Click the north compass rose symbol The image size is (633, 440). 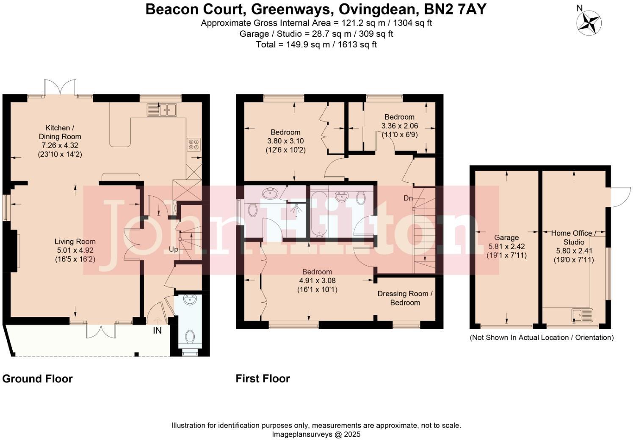(589, 22)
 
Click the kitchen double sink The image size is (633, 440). (162, 110)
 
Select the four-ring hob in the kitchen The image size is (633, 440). (194, 144)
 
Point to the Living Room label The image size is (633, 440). (75, 242)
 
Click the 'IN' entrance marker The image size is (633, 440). (157, 330)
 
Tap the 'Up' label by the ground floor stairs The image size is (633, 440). (174, 250)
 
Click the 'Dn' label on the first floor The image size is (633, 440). (408, 198)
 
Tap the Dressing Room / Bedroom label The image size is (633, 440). (405, 298)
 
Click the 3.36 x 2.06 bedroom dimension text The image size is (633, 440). (399, 126)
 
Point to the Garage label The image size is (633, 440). (506, 237)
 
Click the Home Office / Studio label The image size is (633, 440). (574, 237)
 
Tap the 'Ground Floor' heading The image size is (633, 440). (38, 379)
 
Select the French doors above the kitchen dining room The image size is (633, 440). (61, 88)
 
